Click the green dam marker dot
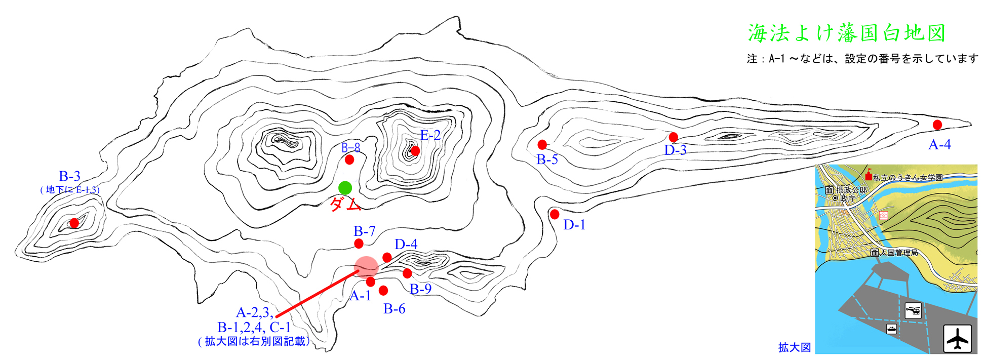tap(345, 188)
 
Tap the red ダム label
tap(345, 205)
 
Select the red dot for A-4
tap(937, 125)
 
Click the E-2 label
tap(430, 135)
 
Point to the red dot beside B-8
tap(349, 159)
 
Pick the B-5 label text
tap(547, 160)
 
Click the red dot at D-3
tap(674, 137)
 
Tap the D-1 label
tap(574, 225)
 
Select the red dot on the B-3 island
tap(74, 223)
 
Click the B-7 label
tap(364, 231)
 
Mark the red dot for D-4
tap(387, 257)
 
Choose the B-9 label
tap(420, 289)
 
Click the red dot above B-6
tap(383, 290)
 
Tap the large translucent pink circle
tap(366, 268)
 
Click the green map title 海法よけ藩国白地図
tap(847, 33)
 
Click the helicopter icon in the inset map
tap(913, 310)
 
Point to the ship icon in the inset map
tap(892, 329)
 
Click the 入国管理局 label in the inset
tap(899, 253)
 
